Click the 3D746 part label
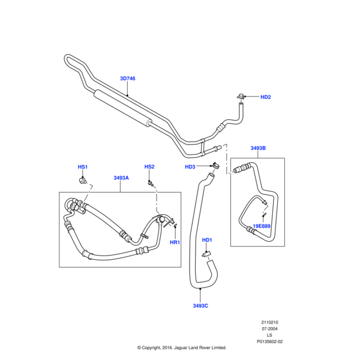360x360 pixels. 128,79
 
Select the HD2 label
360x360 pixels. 266,97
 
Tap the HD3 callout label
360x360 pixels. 190,167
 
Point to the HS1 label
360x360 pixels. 83,166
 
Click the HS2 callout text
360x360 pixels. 149,166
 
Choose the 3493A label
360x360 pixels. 121,178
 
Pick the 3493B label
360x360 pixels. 258,148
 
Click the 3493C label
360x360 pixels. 200,305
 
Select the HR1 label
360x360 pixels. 175,242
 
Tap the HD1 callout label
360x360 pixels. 207,240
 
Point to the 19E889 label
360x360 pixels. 262,226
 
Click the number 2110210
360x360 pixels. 270,322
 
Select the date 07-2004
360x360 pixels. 270,329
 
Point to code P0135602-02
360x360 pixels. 270,342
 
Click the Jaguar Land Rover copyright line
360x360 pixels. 181,347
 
